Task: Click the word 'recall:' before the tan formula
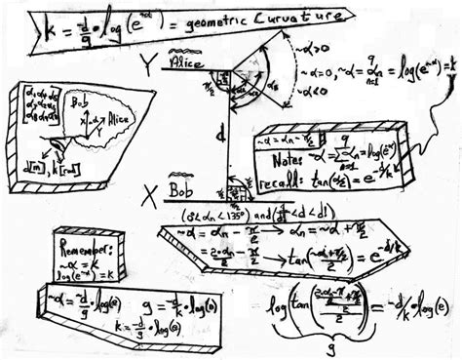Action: click(287, 182)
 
